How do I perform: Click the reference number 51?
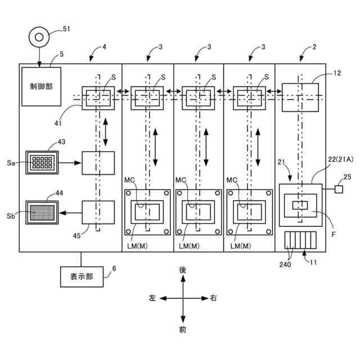(66, 29)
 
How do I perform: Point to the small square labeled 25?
(339, 189)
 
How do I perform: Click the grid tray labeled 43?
(42, 163)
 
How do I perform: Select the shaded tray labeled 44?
(42, 213)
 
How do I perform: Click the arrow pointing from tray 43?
(70, 163)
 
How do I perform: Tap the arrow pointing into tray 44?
(70, 213)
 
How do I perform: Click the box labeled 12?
(300, 97)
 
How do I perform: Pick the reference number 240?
(285, 264)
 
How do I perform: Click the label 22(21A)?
(340, 159)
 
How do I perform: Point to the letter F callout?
(334, 234)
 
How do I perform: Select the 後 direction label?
(183, 270)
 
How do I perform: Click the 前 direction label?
(183, 330)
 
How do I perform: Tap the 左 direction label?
(152, 298)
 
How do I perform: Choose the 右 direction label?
(213, 298)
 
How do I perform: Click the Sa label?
(11, 163)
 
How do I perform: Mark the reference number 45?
(76, 236)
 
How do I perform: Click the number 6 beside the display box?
(114, 268)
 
